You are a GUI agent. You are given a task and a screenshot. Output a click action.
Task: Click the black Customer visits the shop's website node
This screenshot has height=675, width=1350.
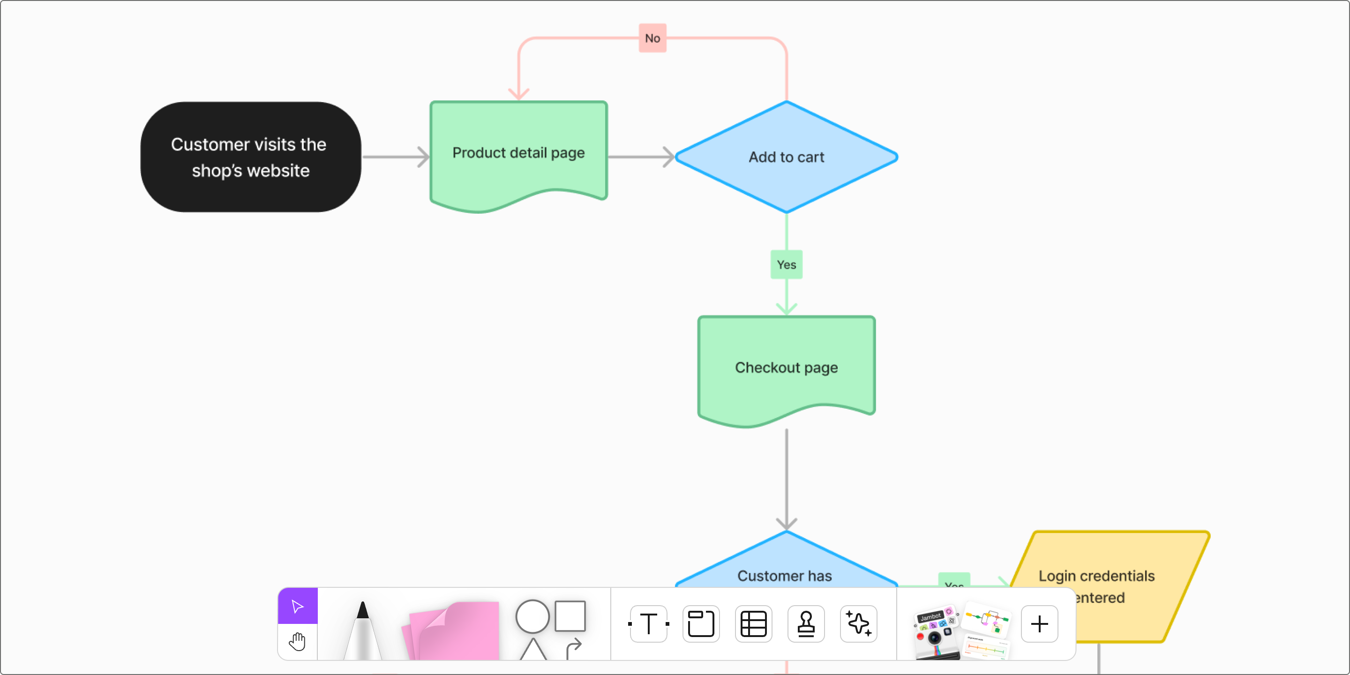coord(250,157)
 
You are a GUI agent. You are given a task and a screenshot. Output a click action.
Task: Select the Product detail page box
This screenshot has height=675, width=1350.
coord(518,153)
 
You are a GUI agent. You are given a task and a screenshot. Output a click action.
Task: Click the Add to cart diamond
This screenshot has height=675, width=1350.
coord(786,157)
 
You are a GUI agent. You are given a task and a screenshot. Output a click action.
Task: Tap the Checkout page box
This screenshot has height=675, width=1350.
coord(786,367)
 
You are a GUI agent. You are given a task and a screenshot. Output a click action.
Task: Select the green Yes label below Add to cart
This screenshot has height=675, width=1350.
coord(786,265)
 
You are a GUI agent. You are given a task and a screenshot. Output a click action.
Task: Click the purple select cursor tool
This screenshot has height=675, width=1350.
coord(298,607)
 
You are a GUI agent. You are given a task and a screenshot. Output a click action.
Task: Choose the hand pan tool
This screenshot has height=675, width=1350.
coord(298,641)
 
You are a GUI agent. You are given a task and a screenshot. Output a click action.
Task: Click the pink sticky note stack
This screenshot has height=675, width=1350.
coord(453,631)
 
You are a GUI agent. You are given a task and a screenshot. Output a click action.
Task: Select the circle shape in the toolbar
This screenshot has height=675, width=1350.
coord(532,616)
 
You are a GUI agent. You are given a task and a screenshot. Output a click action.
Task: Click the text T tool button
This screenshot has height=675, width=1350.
coord(649,623)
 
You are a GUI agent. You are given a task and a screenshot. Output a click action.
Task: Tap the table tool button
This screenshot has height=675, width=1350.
coord(754,623)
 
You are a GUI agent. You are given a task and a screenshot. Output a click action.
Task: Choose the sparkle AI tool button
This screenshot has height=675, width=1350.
coord(858,623)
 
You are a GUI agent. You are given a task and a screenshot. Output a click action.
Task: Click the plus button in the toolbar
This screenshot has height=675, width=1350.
coord(1039,623)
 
